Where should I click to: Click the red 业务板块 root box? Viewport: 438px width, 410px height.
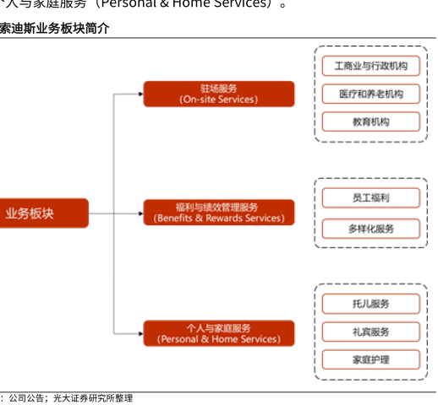coord(44,213)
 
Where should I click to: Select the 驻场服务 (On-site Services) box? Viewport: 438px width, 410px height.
coord(219,94)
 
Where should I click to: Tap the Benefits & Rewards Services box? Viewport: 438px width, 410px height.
coord(219,213)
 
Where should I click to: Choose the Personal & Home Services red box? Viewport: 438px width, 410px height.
coord(219,333)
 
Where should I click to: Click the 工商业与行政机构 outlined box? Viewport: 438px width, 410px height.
coord(371,66)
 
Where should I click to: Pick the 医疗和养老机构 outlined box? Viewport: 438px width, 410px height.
coord(371,94)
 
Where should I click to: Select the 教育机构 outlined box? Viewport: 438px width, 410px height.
coord(371,121)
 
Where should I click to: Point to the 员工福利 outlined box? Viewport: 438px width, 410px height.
coord(371,198)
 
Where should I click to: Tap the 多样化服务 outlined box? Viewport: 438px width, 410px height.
coord(371,229)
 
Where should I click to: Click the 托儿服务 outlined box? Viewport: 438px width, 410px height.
coord(371,304)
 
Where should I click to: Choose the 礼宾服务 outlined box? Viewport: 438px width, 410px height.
coord(371,332)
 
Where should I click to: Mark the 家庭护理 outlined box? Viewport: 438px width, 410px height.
coord(371,359)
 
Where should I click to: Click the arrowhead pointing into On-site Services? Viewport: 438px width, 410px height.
coord(141,94)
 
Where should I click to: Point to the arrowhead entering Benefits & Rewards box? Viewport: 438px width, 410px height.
coord(141,213)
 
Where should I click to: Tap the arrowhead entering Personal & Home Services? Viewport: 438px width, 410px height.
coord(141,334)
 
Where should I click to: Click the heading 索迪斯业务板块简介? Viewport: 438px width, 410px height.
coord(54,28)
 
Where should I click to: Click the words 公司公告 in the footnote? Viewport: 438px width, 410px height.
coord(26,398)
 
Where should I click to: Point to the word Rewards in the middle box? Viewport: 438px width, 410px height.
coord(224,218)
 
